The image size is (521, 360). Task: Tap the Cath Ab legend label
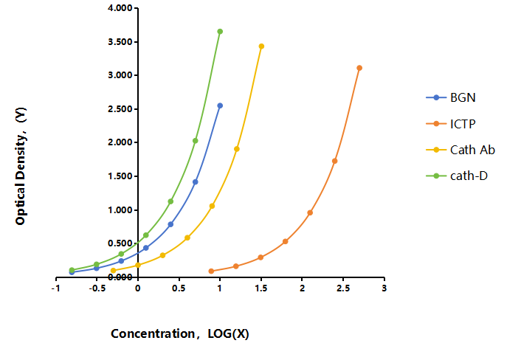(472, 150)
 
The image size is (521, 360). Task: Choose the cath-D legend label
(469, 176)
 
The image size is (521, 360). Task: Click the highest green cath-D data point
(220, 32)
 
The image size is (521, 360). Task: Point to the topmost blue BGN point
(220, 105)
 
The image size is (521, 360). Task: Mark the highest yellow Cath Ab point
(261, 46)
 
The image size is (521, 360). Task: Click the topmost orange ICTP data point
(359, 68)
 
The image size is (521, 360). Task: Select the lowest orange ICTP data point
(211, 271)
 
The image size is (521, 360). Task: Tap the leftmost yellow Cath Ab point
(114, 270)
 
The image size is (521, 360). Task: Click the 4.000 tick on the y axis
(120, 8)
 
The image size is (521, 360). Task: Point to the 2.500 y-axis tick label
(120, 109)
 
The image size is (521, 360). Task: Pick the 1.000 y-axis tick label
(120, 210)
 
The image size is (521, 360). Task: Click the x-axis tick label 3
(384, 288)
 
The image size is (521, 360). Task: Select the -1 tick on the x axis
(55, 288)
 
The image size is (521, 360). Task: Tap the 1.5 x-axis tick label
(261, 288)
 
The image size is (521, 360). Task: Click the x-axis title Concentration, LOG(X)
(180, 333)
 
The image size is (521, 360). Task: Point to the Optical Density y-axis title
(21, 166)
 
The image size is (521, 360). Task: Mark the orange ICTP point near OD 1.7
(334, 161)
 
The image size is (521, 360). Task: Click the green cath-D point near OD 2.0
(196, 141)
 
